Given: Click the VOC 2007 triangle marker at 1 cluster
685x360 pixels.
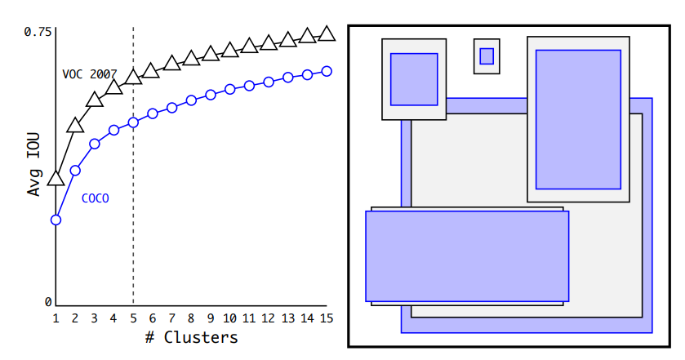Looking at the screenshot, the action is pyautogui.click(x=56, y=179).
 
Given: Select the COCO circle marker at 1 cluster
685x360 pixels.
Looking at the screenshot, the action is pyautogui.click(x=56, y=220).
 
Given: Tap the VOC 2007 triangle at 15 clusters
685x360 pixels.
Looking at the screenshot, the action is pyautogui.click(x=327, y=33).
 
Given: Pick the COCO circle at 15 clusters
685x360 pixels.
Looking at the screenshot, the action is pyautogui.click(x=327, y=71).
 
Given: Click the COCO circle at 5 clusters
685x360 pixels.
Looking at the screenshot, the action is pyautogui.click(x=133, y=122).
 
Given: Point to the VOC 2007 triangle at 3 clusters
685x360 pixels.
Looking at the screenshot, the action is pyautogui.click(x=94, y=100).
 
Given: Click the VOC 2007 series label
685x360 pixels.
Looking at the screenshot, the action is pyautogui.click(x=89, y=73).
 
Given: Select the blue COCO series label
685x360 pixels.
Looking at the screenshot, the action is pyautogui.click(x=95, y=198).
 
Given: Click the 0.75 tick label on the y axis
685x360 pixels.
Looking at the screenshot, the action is pyautogui.click(x=38, y=32).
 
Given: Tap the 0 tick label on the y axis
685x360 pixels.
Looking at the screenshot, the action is pyautogui.click(x=48, y=302).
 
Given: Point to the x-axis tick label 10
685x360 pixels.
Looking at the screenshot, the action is pyautogui.click(x=229, y=318).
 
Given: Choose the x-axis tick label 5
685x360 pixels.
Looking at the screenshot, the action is pyautogui.click(x=133, y=318).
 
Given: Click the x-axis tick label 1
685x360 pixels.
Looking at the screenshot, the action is pyautogui.click(x=56, y=318).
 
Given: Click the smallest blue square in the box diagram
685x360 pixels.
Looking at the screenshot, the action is pyautogui.click(x=487, y=56).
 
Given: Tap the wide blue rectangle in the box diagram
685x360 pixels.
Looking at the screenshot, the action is pyautogui.click(x=466, y=256).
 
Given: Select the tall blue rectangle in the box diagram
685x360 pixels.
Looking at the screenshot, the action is pyautogui.click(x=578, y=119).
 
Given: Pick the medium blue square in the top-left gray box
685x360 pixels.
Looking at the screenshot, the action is pyautogui.click(x=414, y=79).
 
